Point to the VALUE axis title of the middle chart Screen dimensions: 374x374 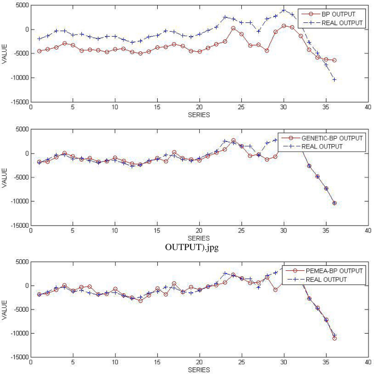tap(4, 177)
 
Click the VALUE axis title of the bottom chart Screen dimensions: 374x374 tap(4, 310)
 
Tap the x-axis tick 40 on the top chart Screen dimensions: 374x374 tap(368, 108)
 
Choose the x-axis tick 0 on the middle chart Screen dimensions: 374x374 tap(31, 231)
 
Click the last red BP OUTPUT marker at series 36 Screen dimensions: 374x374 tap(334, 60)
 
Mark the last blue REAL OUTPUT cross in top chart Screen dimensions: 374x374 tap(334, 80)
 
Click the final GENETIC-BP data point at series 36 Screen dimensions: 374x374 tap(334, 203)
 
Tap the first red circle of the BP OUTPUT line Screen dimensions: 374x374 tap(39, 51)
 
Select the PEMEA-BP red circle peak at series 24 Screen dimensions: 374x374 tap(233, 275)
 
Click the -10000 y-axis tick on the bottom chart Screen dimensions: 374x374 tap(17, 334)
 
